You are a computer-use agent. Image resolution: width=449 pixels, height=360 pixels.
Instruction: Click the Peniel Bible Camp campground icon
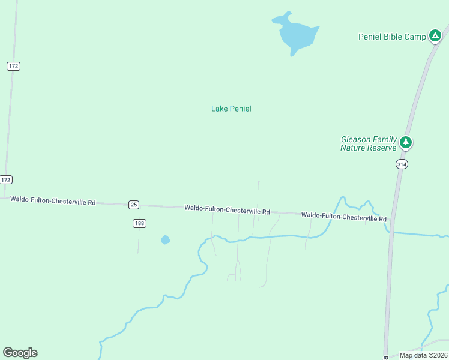point(435,36)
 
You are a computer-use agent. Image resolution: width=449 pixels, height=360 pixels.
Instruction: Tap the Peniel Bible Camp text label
point(392,37)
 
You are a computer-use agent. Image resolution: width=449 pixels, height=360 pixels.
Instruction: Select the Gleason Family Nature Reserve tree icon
point(406,143)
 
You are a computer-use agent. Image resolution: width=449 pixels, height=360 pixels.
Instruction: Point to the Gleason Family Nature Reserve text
point(369,143)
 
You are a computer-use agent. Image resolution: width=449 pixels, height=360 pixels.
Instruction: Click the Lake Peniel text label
point(231,109)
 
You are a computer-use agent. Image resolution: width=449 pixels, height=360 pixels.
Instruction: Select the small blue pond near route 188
point(165,240)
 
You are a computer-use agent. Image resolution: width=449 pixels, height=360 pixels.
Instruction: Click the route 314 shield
point(402,164)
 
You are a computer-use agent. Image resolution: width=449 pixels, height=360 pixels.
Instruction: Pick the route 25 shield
point(134,205)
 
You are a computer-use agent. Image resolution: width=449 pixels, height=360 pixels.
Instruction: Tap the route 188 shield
point(139,223)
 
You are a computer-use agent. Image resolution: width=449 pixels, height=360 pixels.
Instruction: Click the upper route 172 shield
point(13,66)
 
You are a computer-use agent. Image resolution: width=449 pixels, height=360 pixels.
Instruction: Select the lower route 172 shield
point(6,179)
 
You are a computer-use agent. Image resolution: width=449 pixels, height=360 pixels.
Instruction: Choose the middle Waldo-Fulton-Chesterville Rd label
point(227,210)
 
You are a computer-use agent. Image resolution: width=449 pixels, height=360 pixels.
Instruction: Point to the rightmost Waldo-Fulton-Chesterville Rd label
point(343,217)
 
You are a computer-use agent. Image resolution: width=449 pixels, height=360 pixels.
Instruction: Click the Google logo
point(20,353)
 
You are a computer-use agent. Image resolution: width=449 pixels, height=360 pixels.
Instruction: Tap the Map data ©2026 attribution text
point(423,355)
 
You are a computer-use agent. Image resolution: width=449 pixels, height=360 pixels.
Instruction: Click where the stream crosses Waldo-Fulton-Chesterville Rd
point(335,214)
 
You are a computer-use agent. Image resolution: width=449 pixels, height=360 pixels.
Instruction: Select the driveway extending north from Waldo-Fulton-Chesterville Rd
point(258,195)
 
